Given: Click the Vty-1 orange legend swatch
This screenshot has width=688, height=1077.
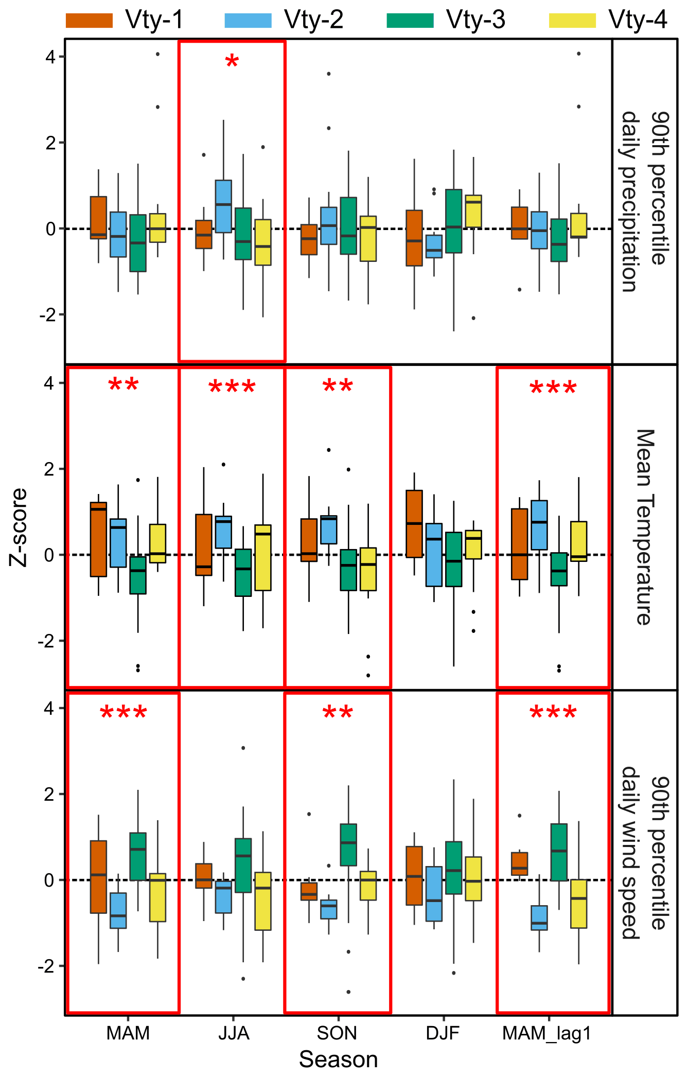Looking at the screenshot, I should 89,21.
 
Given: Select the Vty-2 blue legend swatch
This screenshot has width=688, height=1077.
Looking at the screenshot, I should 248,21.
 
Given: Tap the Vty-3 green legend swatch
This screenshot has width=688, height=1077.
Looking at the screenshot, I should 410,21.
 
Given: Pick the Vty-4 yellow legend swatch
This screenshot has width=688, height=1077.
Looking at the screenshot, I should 572,21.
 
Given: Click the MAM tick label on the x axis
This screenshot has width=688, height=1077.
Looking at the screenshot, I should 128,1033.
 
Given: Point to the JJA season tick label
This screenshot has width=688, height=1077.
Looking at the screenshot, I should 234,1033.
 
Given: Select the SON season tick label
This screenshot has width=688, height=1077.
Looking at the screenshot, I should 337,1033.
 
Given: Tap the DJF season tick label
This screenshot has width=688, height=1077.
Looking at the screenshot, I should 443,1033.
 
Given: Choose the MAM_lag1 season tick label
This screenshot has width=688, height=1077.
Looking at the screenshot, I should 547,1033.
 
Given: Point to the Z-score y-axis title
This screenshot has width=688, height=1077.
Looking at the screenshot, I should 19,527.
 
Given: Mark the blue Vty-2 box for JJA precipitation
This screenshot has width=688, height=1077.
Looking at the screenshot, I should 223,206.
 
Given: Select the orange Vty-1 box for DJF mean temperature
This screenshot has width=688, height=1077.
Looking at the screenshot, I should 414,524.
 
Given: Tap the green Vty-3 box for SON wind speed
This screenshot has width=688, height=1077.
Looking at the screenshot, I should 348,845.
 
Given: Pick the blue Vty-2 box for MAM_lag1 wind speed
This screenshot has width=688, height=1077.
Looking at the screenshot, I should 539,917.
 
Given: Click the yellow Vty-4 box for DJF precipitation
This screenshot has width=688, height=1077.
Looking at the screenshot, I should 473,211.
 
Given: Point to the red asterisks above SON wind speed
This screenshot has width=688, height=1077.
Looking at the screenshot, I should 338,713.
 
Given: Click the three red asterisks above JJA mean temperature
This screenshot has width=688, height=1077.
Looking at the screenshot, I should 232,387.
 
